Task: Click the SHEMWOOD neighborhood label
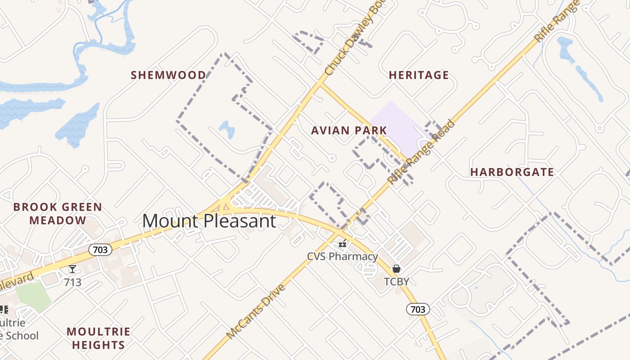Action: [x=168, y=75]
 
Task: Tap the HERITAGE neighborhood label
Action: [x=419, y=75]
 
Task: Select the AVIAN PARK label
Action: [x=349, y=131]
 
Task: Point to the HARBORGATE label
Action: [x=512, y=172]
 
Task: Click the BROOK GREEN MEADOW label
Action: [x=58, y=214]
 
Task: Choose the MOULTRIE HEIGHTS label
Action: [x=99, y=338]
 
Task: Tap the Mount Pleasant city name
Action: [x=209, y=221]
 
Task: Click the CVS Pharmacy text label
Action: [x=342, y=256]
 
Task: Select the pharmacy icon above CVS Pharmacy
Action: [x=342, y=243]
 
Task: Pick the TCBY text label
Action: [x=396, y=282]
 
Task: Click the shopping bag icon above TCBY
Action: [x=396, y=269]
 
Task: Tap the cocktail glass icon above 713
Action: [x=72, y=269]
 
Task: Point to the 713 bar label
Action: [x=72, y=282]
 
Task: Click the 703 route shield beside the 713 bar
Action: [x=100, y=250]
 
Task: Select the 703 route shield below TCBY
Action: [x=418, y=309]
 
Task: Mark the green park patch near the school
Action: [x=34, y=297]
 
